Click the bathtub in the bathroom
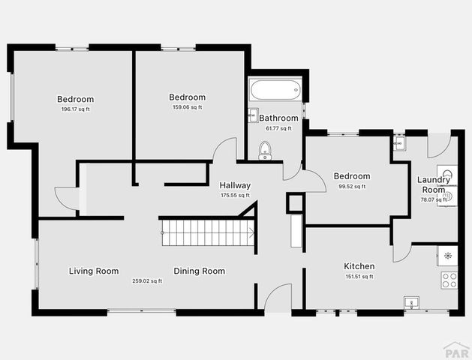coord(275,91)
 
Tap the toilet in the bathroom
coord(264,151)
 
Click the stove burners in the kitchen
coord(449,280)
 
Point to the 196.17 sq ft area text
coord(76,109)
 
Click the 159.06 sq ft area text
coord(188,107)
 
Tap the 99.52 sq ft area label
coord(352,187)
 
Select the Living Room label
coord(94,271)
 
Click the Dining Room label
coord(200,271)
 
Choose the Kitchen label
coord(359,266)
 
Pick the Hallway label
coord(235,185)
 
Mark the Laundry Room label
coord(434,184)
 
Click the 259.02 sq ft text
coord(147,281)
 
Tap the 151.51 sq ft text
coord(359,277)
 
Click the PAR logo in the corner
coord(455,349)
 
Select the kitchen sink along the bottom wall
coord(410,304)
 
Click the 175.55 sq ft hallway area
coord(235,196)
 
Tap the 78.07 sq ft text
coord(433,199)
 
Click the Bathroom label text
coord(278,118)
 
